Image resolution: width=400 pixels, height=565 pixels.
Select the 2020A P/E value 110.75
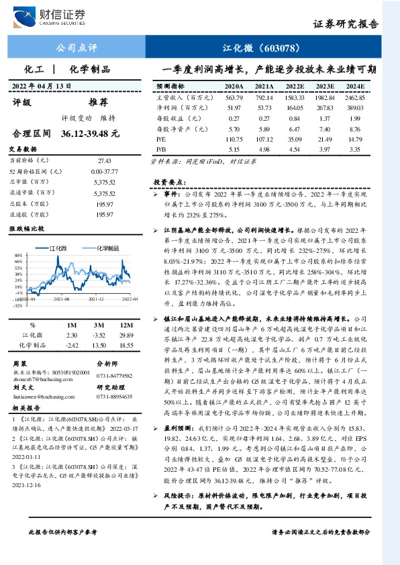tap(234, 138)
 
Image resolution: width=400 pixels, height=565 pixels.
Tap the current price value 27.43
tap(105, 161)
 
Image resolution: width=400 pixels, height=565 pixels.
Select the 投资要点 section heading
tap(168, 182)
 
